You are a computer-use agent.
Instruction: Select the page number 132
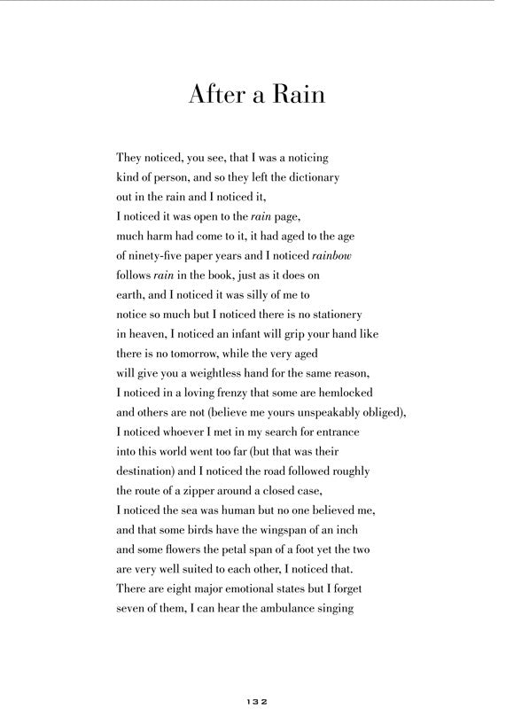click(x=253, y=700)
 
